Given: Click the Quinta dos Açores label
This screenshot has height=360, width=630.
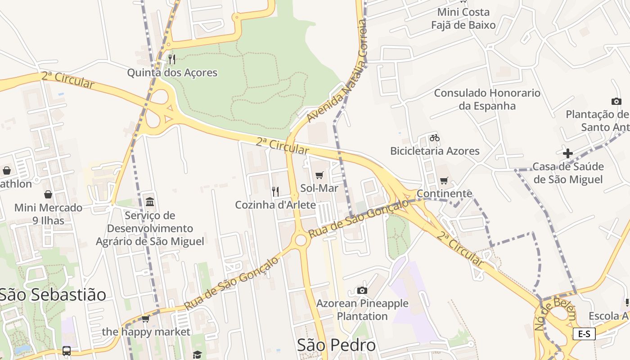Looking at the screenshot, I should (172, 72).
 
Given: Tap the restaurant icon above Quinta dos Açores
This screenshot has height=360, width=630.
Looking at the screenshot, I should (171, 59).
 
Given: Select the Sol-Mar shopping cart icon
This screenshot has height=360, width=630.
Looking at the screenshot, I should (319, 175).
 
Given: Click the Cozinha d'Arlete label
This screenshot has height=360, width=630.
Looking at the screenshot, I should (275, 205).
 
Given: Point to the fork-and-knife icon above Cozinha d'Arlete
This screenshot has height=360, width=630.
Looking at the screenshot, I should (275, 191).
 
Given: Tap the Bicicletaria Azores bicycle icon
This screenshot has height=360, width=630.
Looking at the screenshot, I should (434, 138).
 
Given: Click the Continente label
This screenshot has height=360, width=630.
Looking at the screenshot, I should (444, 193).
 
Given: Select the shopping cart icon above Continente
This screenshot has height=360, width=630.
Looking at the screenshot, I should (444, 180).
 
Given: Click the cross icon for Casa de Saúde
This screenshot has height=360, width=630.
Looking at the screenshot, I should (567, 153).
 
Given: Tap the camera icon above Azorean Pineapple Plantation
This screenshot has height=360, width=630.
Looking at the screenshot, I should (362, 290).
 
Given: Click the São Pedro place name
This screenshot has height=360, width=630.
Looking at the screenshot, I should (336, 345).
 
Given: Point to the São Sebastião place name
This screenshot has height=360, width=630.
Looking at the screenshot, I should (53, 295).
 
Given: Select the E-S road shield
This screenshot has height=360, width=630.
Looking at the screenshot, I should (584, 333).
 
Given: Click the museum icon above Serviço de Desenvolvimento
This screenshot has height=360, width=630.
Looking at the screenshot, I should (150, 202).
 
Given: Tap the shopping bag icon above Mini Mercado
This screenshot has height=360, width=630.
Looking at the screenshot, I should (48, 194).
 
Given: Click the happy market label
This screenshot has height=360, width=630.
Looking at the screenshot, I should (146, 332).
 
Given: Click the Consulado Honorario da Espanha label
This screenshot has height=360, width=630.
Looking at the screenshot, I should (487, 99).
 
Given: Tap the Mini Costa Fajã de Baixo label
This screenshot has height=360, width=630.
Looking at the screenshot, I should (463, 18).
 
